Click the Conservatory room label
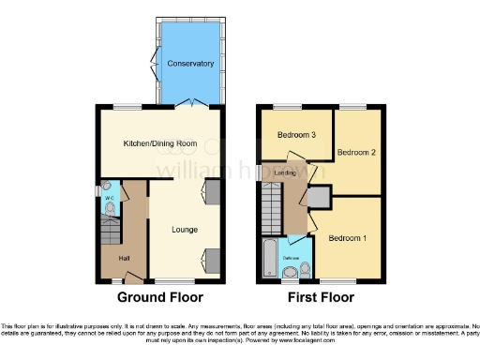[x=190, y=64]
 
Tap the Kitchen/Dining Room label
[x=157, y=143]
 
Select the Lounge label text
[x=184, y=228]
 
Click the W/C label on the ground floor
[x=110, y=199]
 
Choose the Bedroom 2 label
[x=357, y=152]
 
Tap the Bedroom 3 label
[x=295, y=135]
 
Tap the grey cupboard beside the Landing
[x=319, y=198]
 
